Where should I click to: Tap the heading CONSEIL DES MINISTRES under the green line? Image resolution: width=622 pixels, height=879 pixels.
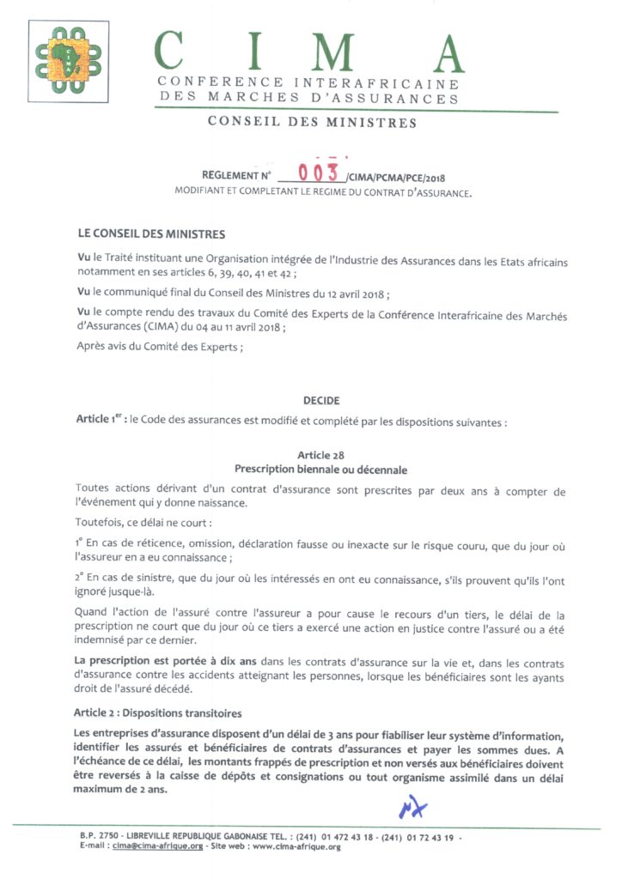(x=312, y=123)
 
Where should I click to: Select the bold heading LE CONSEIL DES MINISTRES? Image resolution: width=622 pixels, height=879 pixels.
(x=151, y=234)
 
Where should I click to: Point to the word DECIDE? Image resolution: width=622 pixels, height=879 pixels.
(x=321, y=401)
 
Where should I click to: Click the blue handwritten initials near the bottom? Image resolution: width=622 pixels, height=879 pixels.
(x=412, y=808)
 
